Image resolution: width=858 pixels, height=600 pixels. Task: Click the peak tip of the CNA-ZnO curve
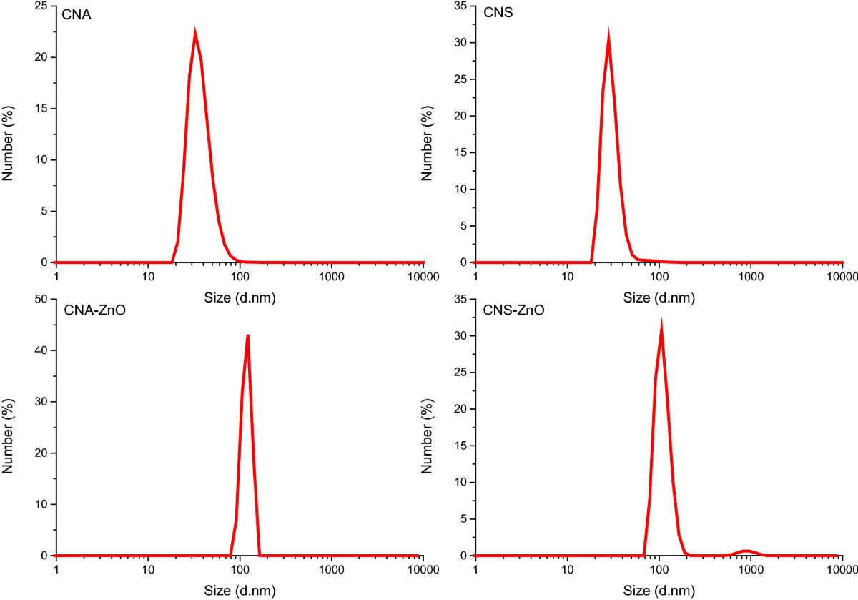[x=247, y=335]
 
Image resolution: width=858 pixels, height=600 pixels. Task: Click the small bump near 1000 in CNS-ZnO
[x=746, y=551]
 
